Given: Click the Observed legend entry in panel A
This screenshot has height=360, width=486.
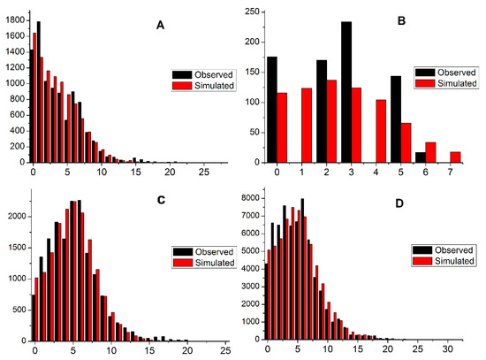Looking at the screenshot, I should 199,75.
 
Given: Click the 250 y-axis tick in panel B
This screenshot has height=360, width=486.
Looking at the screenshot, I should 252,11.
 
